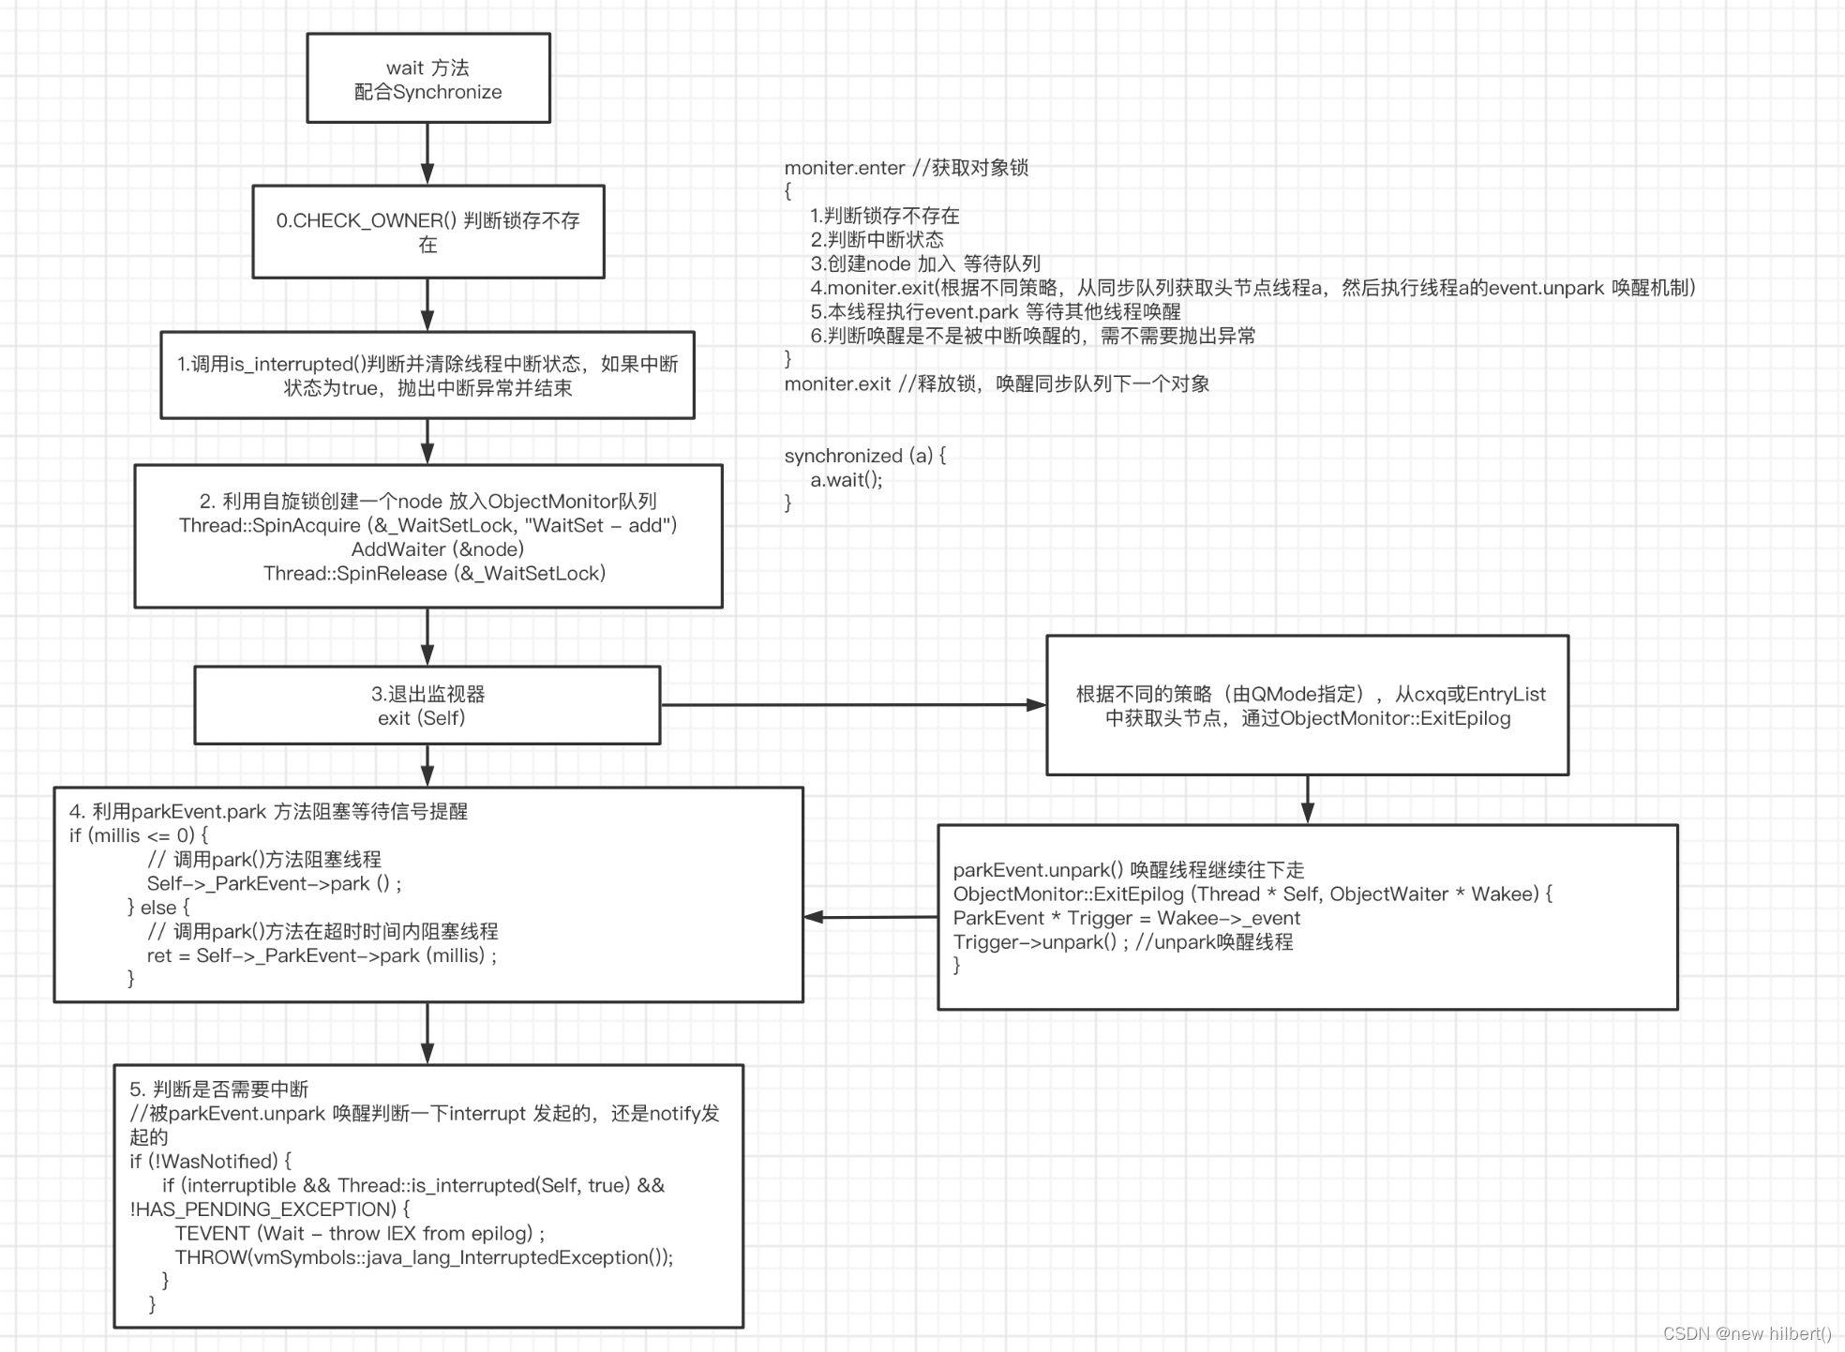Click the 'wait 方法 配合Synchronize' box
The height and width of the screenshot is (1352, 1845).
coord(427,79)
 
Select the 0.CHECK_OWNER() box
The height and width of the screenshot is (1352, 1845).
coord(427,232)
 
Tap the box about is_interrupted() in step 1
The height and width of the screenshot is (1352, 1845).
coord(427,375)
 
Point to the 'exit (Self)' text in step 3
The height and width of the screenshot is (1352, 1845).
coord(421,718)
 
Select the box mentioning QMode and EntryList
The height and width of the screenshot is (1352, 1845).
coord(1307,705)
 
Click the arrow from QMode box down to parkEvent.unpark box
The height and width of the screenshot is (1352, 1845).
coord(1307,799)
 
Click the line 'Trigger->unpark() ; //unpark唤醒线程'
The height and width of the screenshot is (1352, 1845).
coord(1122,942)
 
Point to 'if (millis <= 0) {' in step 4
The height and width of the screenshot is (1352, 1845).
coord(139,835)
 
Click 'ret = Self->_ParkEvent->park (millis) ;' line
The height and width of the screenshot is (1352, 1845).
coord(322,955)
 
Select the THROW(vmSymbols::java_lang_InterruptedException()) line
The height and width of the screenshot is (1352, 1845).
coord(424,1257)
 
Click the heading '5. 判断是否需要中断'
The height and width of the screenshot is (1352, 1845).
coord(218,1089)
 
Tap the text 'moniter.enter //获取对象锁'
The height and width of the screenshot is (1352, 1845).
coord(906,168)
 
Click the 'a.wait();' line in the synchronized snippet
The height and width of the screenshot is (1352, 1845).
coord(847,480)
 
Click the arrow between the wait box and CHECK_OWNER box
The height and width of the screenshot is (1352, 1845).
coord(427,153)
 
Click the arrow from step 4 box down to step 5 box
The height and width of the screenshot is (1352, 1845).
coord(427,1032)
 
